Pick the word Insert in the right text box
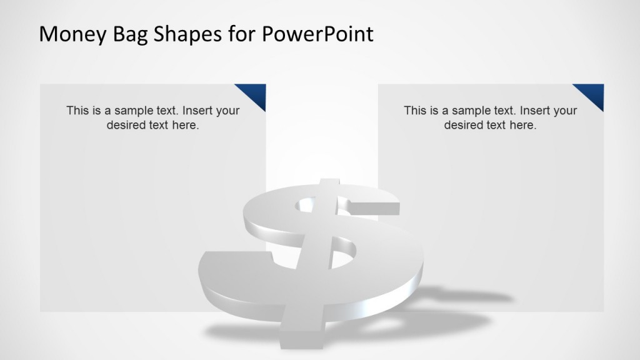pos(536,111)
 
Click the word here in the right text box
pos(522,125)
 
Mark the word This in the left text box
pos(77,111)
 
